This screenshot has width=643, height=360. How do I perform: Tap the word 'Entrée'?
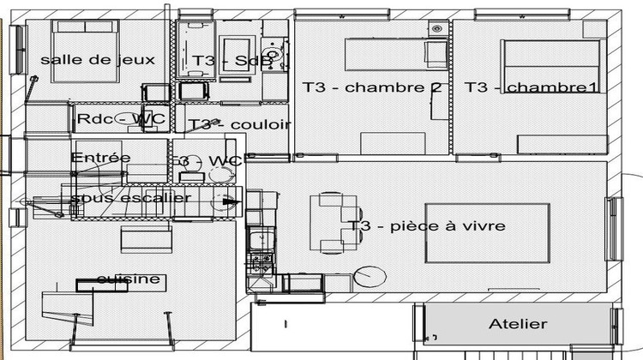tap(100, 158)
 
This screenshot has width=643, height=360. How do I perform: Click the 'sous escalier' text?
tap(130, 197)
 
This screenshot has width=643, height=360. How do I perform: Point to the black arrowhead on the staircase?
tap(231, 202)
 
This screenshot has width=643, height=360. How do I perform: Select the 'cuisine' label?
tap(128, 279)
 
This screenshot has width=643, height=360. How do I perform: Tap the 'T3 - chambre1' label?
tap(532, 87)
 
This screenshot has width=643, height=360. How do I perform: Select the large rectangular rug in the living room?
tap(487, 234)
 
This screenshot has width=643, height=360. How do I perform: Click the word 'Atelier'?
tap(517, 324)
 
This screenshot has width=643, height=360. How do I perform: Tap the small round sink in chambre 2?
tap(436, 28)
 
